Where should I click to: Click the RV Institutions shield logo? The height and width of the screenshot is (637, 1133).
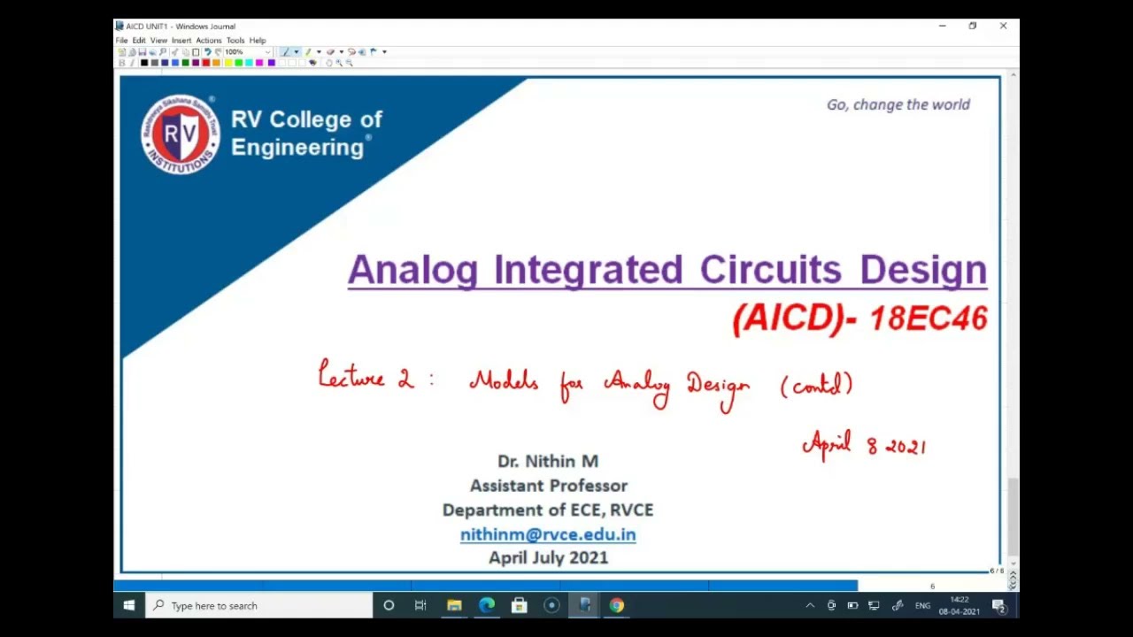pos(180,134)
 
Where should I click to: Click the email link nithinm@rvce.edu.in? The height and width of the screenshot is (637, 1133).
pos(548,534)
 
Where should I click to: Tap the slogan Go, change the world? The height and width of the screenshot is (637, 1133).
pos(898,104)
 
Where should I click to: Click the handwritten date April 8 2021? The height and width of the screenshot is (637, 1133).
pos(864,444)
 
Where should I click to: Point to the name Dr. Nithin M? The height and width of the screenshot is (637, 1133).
pos(548,461)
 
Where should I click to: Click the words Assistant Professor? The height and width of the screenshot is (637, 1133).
pos(548,486)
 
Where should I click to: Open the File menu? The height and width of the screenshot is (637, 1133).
pos(121,41)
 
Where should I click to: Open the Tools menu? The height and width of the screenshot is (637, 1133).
pos(235,41)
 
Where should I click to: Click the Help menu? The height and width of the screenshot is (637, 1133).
pos(258,41)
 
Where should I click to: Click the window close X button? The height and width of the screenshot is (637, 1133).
pos(1003,26)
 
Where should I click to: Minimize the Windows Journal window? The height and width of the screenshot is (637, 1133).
pos(942,26)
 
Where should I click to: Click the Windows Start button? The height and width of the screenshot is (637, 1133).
pos(129,606)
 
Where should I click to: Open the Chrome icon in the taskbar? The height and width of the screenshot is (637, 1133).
pos(617,606)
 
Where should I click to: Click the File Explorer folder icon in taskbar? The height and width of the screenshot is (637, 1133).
pos(454,606)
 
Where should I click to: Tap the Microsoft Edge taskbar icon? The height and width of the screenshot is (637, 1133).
pos(487,606)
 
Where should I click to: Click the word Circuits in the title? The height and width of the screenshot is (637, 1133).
pos(769,270)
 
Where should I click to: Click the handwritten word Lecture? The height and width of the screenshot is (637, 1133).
pos(352,378)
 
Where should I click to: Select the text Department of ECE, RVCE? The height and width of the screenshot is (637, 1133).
pos(548,510)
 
